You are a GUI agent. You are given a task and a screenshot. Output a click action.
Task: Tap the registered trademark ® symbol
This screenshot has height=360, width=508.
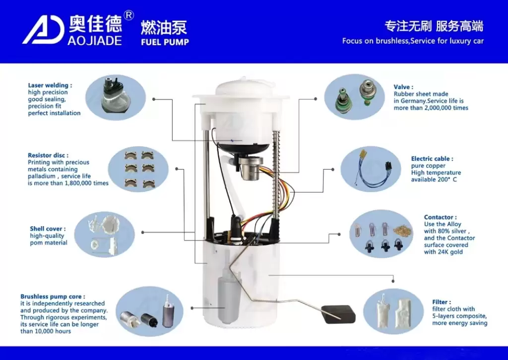[x=128, y=16]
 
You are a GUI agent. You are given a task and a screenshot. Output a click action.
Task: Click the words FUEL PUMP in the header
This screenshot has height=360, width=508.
[x=165, y=42]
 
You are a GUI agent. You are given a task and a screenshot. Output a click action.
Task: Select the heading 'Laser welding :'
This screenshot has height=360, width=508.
[x=50, y=85]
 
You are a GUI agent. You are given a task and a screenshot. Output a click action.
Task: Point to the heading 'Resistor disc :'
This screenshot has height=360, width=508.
[x=48, y=155]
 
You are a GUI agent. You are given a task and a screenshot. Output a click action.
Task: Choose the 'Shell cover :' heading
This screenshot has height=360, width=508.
[x=48, y=229]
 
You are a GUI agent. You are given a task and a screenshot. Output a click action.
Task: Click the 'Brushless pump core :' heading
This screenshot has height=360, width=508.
[x=53, y=297]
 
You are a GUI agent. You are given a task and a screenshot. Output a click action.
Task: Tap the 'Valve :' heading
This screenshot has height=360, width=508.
[x=403, y=87]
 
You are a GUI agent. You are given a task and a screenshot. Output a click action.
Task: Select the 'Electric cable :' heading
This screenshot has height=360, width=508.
[x=432, y=159]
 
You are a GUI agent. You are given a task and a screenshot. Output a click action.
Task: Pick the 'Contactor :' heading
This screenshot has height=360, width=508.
[x=440, y=217]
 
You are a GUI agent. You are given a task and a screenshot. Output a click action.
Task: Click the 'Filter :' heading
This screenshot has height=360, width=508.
[x=442, y=302]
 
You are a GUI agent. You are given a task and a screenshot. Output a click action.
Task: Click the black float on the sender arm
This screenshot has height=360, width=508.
[x=339, y=314]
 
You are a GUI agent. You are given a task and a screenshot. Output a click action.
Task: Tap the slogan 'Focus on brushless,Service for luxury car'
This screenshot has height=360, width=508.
[x=413, y=41]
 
